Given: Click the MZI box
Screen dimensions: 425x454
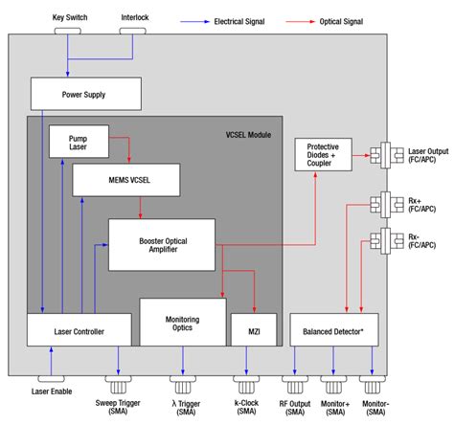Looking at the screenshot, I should pos(242,330).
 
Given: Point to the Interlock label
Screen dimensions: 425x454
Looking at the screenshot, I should pos(134,18).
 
